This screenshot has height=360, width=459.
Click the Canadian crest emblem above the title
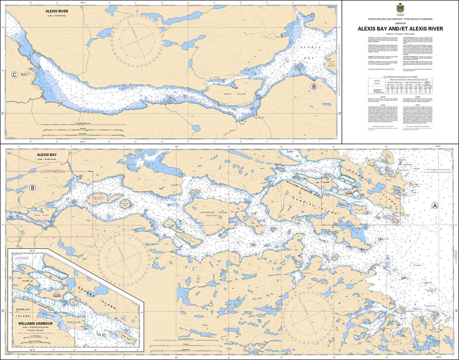(400, 8)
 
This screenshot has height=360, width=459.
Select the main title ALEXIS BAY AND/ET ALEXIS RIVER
(400, 28)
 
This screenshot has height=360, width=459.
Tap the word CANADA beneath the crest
(400, 15)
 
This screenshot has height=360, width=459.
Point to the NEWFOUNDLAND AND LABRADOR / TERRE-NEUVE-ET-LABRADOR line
(400, 20)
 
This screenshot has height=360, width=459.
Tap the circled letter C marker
(15, 74)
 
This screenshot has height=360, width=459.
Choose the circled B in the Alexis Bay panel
(32, 188)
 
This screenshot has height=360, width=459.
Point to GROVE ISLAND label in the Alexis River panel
(232, 94)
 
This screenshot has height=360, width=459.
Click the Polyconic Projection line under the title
(400, 34)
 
